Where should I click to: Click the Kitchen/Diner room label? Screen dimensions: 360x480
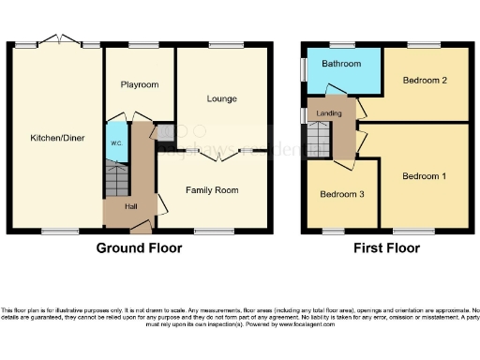[55, 138]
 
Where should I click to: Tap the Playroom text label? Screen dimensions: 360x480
[139, 84]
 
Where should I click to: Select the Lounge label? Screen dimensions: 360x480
[220, 98]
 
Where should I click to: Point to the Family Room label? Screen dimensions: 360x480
[213, 190]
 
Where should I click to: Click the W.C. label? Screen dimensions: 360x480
[115, 143]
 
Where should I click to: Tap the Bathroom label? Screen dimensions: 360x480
[341, 64]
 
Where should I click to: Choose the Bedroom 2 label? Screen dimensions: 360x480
[424, 81]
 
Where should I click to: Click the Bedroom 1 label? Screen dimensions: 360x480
[424, 176]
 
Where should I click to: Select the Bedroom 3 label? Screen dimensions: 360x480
[341, 194]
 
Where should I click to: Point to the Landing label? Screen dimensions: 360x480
[329, 113]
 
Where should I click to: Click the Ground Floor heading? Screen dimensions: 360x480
[139, 248]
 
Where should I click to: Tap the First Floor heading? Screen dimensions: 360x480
[385, 248]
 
